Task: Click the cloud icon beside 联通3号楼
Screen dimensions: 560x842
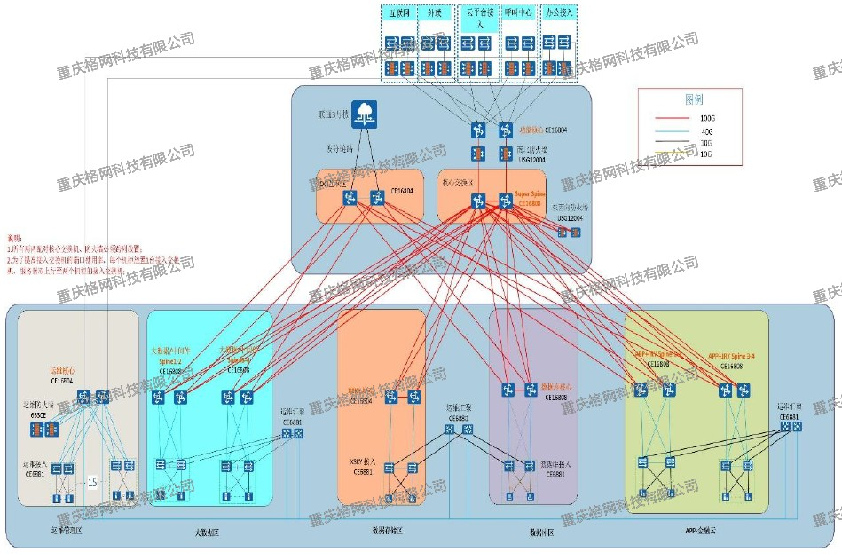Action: [364, 112]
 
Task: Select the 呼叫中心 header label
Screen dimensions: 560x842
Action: [520, 14]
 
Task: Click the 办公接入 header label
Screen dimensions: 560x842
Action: [560, 14]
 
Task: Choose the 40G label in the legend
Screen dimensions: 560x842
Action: [706, 131]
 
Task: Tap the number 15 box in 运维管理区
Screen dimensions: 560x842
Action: [92, 482]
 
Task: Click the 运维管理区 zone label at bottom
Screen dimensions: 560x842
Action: [67, 532]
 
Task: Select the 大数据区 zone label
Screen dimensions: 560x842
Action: [207, 532]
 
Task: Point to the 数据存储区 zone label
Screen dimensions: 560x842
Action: [386, 531]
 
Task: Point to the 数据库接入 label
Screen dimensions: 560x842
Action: [555, 464]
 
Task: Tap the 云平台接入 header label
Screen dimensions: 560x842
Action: [480, 20]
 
